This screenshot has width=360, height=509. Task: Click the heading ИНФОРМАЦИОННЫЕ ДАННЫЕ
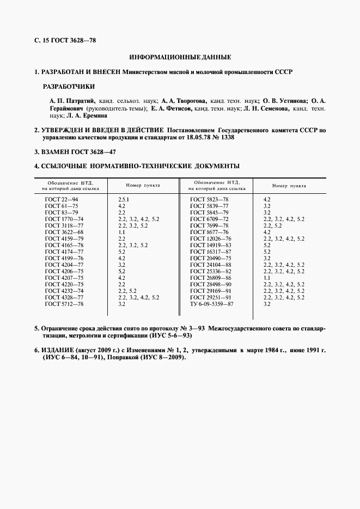point(180,57)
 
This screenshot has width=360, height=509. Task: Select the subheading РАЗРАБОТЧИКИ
point(69,87)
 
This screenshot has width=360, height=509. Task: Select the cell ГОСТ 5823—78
point(209,200)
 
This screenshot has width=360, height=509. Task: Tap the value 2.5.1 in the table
point(124,200)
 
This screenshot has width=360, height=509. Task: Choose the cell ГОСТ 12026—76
point(211,239)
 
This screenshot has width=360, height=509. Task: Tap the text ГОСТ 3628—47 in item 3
point(93,152)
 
